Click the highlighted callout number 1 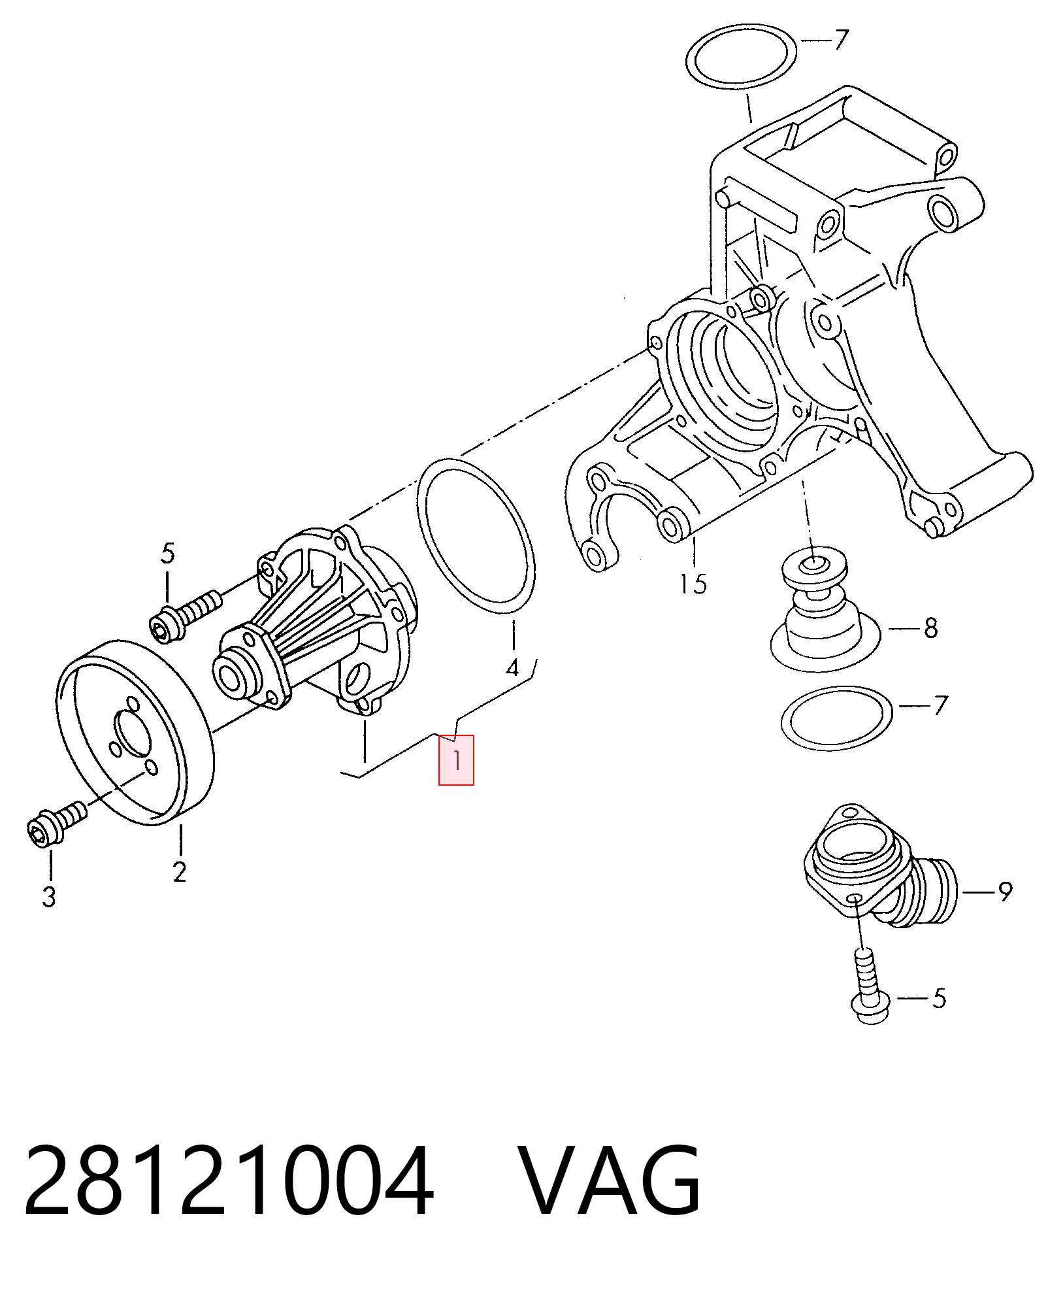[x=456, y=760]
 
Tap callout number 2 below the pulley [x=180, y=871]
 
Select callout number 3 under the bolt [x=49, y=896]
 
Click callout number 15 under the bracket [x=693, y=584]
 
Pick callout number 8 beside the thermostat [x=931, y=628]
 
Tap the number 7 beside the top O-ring [x=841, y=40]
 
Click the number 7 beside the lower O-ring [x=940, y=705]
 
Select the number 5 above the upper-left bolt [x=168, y=554]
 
